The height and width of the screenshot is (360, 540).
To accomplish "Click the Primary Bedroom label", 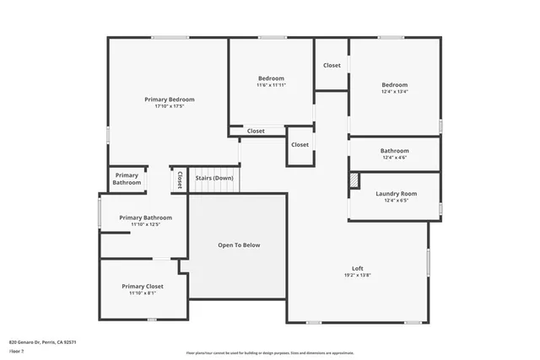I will (x=170, y=99).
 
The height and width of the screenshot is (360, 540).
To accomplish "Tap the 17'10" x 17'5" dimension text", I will (x=170, y=106).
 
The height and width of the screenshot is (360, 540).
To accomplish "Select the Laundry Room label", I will (x=396, y=193).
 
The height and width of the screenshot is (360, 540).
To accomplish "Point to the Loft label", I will (x=358, y=267).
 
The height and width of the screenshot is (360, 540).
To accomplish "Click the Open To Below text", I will (x=239, y=245).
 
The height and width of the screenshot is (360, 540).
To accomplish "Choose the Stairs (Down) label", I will (x=214, y=178).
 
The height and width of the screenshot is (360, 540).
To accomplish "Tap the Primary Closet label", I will (x=142, y=286).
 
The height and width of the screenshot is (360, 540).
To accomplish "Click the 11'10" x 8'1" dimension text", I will (x=142, y=293).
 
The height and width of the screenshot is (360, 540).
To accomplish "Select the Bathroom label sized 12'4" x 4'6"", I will (x=395, y=150).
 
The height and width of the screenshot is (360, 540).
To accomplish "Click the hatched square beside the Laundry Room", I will (x=354, y=180).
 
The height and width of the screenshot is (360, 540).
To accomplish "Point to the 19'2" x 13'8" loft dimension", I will (x=358, y=275).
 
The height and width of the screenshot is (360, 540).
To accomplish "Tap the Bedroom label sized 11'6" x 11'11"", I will (x=271, y=78).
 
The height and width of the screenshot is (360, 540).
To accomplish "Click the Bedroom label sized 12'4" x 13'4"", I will (x=394, y=84).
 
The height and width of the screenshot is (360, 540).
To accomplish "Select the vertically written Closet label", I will (x=179, y=180).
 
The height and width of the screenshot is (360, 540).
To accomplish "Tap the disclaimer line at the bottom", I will (x=270, y=353).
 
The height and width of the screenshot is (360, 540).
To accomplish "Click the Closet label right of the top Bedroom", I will (x=332, y=65).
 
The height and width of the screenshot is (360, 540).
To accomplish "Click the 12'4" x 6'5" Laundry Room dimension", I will (x=396, y=201).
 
